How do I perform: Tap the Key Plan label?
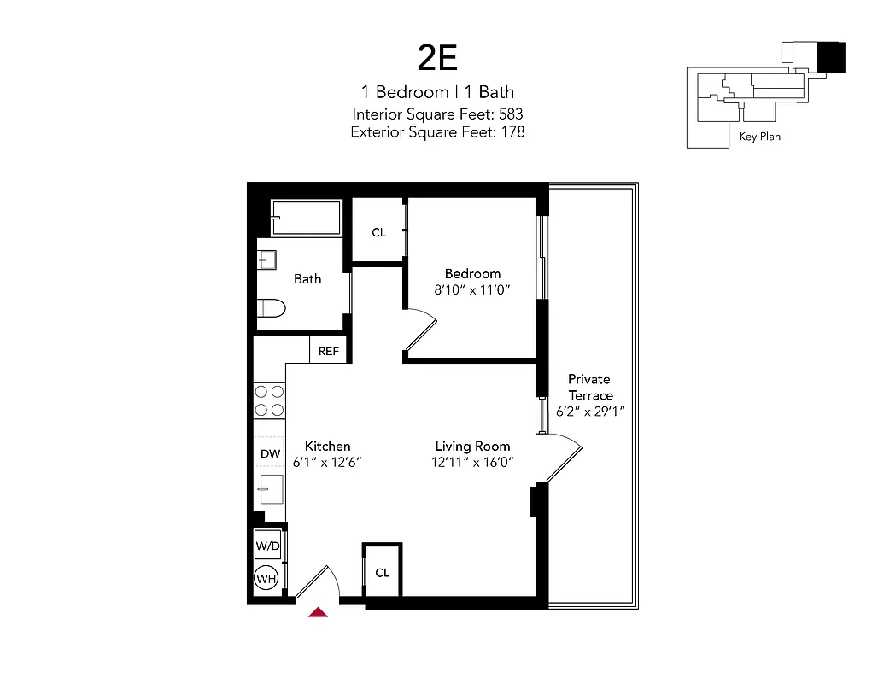click(759, 136)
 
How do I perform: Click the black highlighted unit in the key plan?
click(830, 58)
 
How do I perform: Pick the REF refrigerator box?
click(329, 351)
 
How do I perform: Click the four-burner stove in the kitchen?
click(270, 401)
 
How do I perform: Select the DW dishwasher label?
click(270, 454)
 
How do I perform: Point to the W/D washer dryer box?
click(268, 545)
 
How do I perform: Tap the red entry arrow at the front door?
click(319, 611)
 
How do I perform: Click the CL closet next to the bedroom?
click(378, 232)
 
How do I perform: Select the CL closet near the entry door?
click(382, 572)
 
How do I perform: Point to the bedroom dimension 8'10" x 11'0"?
click(472, 289)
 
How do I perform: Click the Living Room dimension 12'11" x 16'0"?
click(472, 462)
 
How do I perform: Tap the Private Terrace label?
click(589, 387)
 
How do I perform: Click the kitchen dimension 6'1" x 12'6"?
click(328, 462)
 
